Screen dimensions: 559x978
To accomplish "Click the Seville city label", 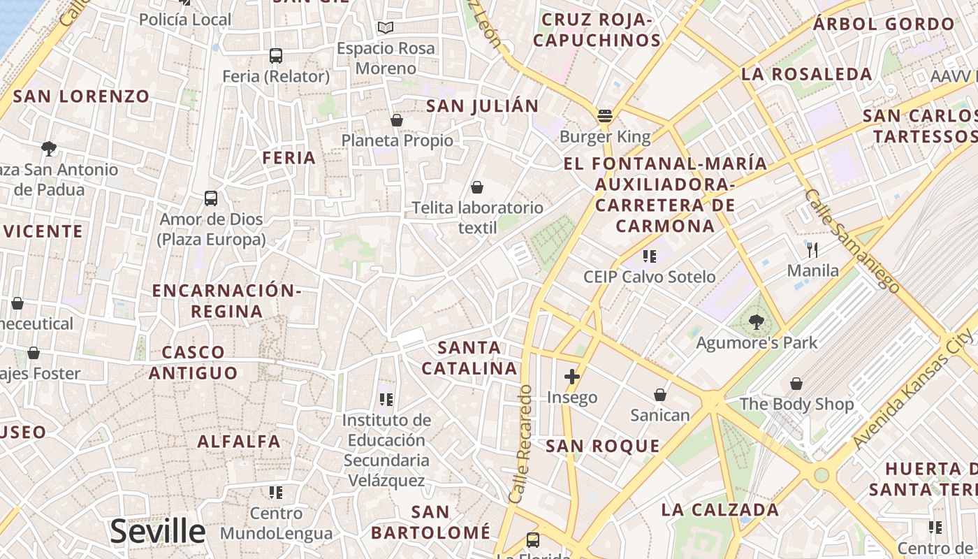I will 157,532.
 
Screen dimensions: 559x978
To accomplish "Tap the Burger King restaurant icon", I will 605,115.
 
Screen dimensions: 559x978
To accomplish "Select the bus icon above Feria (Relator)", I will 276,55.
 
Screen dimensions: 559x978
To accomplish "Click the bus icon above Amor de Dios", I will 211,198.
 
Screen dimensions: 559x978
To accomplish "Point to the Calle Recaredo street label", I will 521,444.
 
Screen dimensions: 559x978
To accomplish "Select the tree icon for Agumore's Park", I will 756,322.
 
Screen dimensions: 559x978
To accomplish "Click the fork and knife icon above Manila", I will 812,249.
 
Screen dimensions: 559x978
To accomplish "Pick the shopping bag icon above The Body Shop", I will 796,384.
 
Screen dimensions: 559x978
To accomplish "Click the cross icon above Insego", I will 572,377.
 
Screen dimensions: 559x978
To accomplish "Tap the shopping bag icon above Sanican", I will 659,395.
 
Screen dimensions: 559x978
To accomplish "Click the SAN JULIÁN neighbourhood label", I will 482,106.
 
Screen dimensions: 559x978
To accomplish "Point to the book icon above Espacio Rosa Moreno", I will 386,28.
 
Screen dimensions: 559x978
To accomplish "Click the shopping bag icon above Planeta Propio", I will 397,120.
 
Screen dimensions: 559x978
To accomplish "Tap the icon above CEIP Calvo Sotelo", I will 650,256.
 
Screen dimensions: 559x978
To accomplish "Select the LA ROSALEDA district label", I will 807,74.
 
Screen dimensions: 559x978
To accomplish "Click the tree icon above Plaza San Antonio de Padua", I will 49,148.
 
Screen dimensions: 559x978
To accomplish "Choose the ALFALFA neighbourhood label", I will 239,442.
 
